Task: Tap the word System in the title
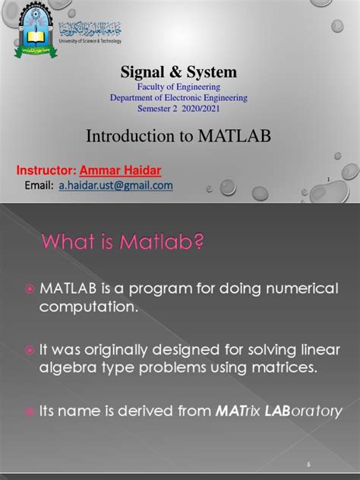[x=213, y=73]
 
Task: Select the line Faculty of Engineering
[x=179, y=88]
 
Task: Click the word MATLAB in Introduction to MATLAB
[x=237, y=137]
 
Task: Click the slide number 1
[x=327, y=180]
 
